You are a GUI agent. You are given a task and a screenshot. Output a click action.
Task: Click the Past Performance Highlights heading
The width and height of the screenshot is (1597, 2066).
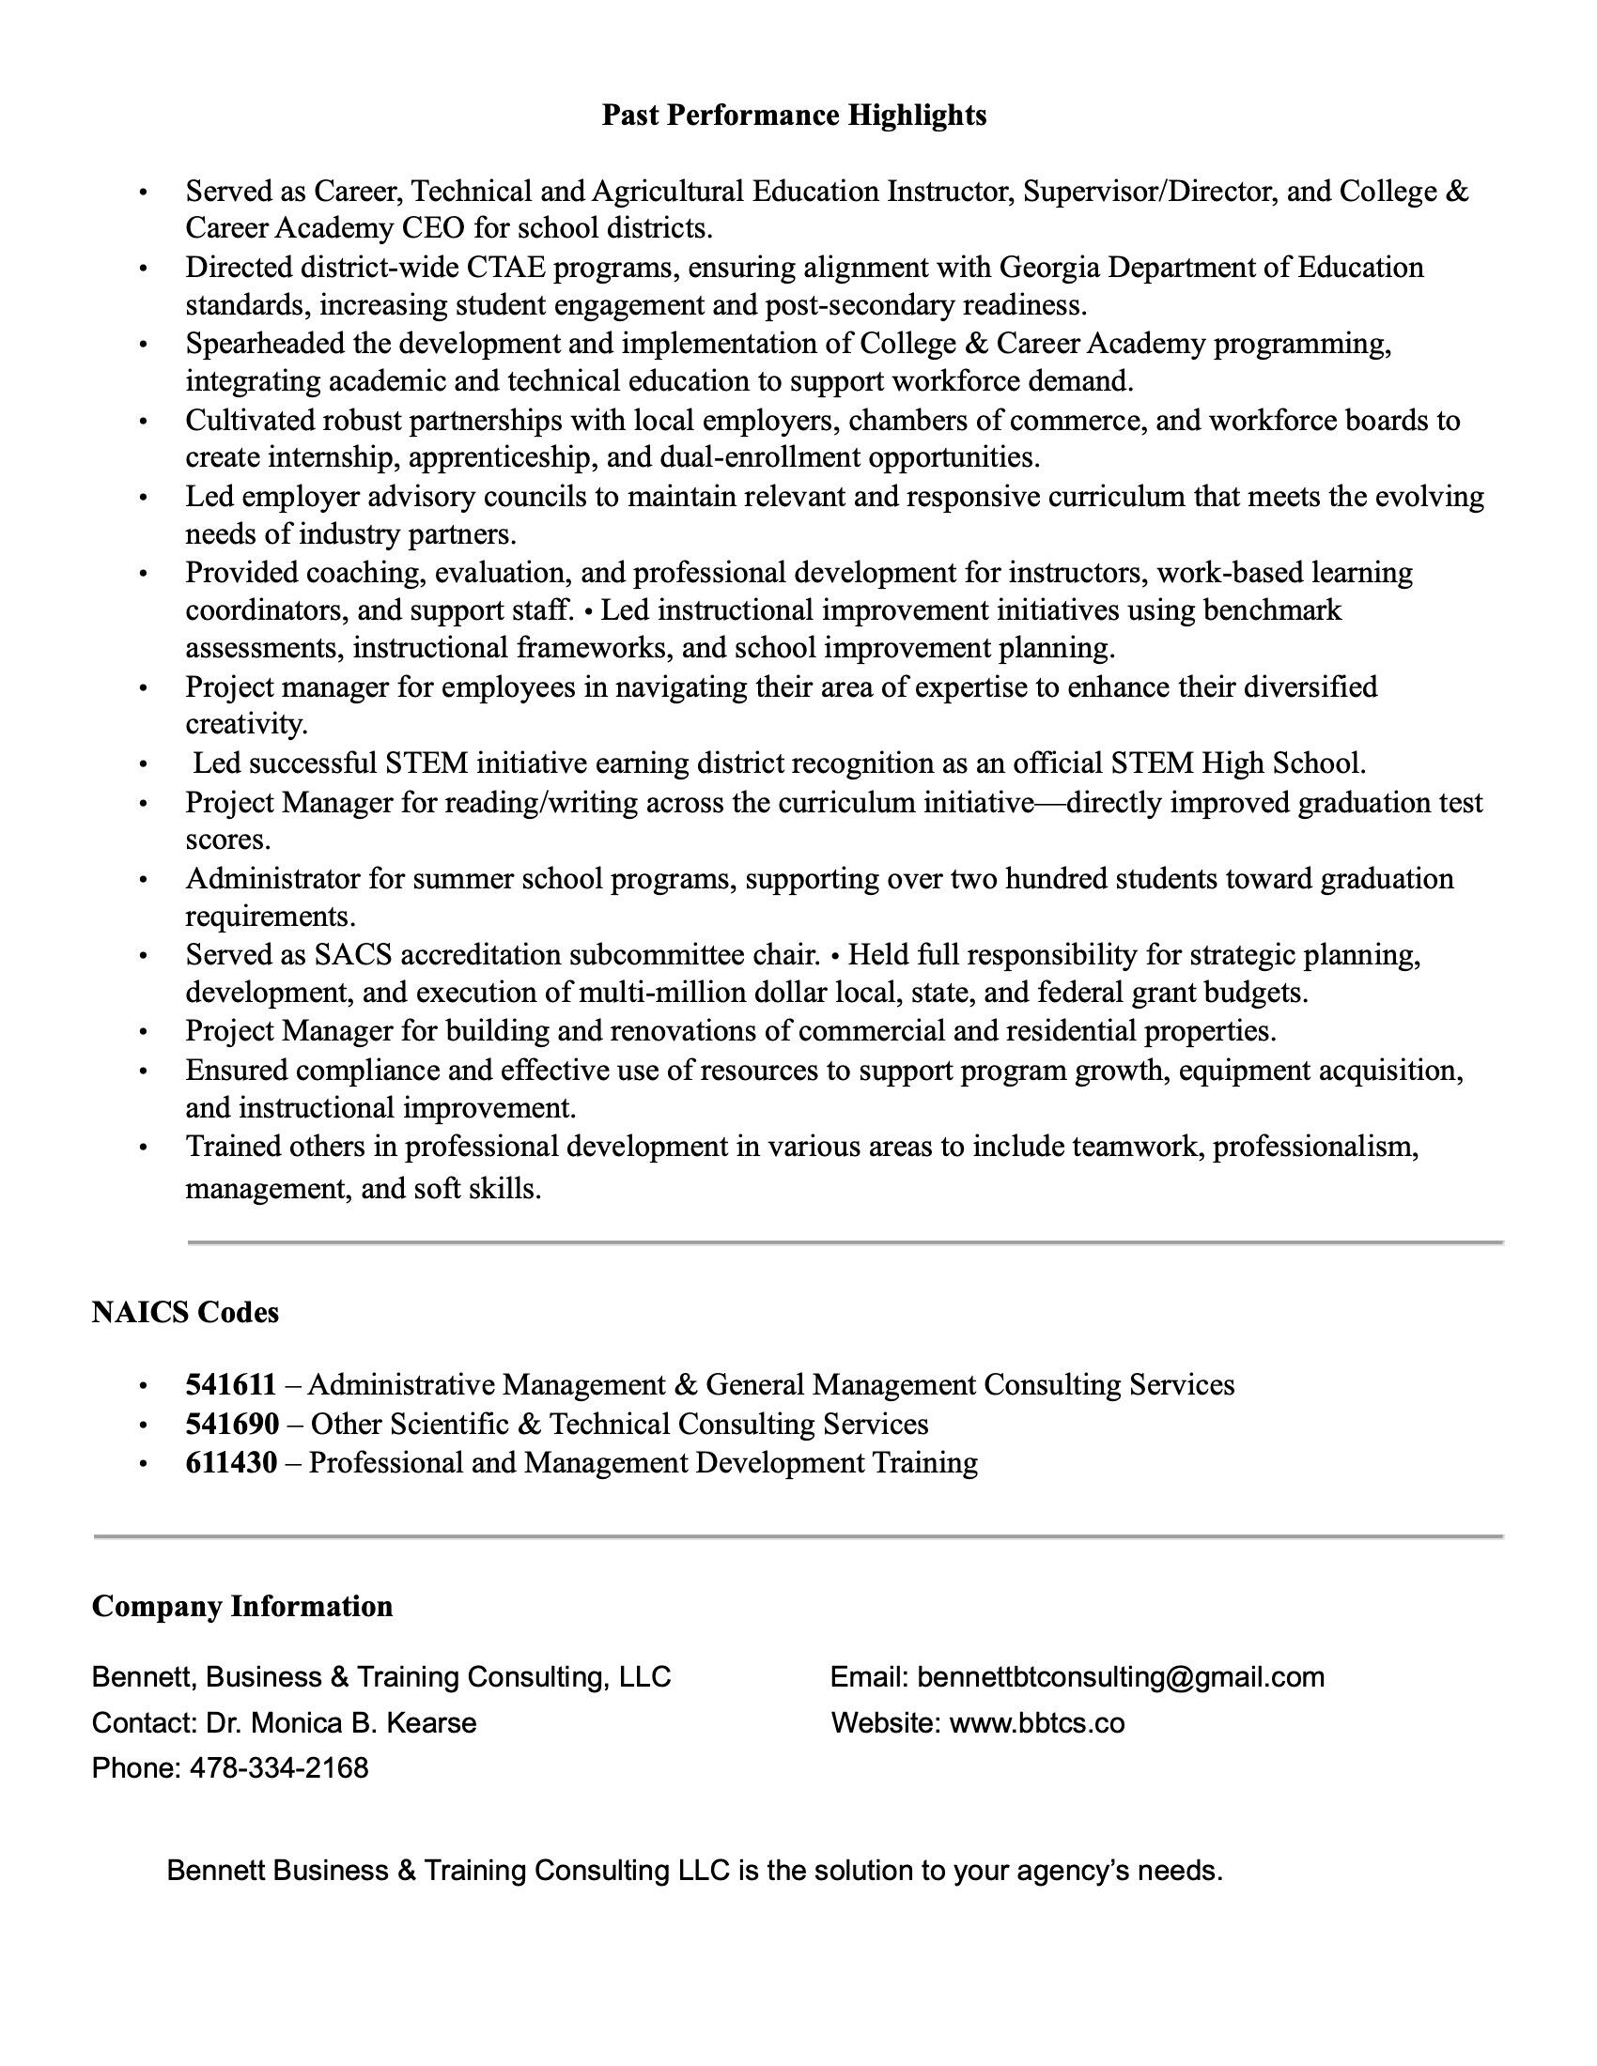click(794, 116)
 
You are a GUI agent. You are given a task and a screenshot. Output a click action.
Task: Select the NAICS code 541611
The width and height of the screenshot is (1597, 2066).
click(231, 1385)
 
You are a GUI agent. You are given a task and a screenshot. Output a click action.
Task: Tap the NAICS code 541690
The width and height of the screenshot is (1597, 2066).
click(232, 1424)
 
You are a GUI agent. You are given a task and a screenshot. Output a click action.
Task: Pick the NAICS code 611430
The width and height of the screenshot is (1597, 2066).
click(231, 1462)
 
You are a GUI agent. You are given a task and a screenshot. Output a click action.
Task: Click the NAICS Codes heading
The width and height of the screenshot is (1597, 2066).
click(185, 1312)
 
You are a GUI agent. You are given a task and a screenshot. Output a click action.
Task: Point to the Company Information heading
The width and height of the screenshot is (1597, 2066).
click(242, 1606)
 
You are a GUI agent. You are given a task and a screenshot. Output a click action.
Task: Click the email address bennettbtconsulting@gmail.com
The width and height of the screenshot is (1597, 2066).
click(1121, 1677)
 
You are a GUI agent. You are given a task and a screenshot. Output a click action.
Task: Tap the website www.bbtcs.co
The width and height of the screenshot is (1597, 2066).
click(1037, 1722)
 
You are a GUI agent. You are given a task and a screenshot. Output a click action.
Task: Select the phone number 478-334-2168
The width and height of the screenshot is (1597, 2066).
click(279, 1767)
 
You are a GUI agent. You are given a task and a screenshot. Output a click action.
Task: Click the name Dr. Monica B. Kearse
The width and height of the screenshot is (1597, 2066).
click(342, 1722)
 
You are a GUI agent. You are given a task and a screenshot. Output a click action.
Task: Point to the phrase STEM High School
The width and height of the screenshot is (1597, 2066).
click(1238, 763)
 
